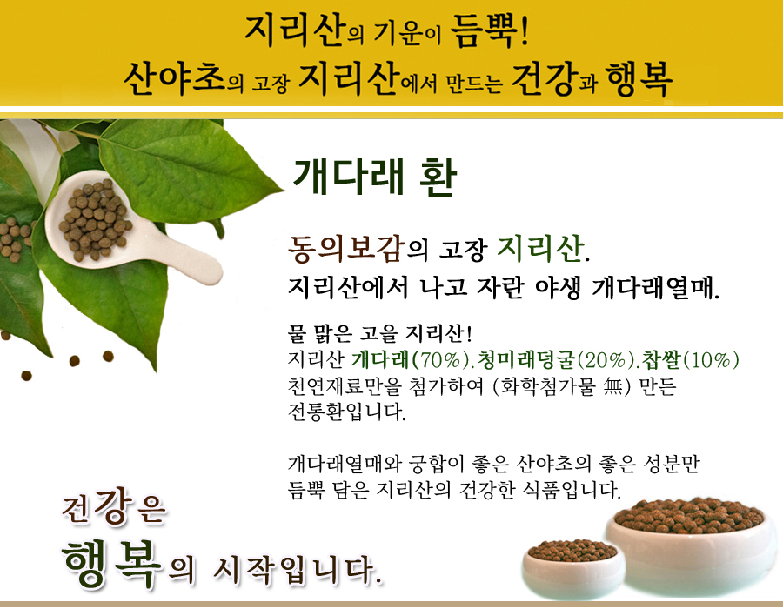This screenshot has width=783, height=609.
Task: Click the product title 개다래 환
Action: [374, 177]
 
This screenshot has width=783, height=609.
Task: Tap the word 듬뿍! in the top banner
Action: [489, 31]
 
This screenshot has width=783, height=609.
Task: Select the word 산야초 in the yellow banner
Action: [174, 79]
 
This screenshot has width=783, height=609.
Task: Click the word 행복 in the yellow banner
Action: [639, 79]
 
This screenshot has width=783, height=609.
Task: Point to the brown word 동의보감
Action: [346, 249]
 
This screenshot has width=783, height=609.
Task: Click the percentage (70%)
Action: [438, 359]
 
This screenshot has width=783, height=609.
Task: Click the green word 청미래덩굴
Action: [526, 359]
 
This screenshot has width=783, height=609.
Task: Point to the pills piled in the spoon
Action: [95, 219]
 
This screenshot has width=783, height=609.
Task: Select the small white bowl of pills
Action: [573, 568]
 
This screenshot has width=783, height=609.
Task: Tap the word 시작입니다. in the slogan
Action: [298, 569]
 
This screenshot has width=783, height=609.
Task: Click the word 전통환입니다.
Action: [346, 412]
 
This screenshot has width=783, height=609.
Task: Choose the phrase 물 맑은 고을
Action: [343, 333]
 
